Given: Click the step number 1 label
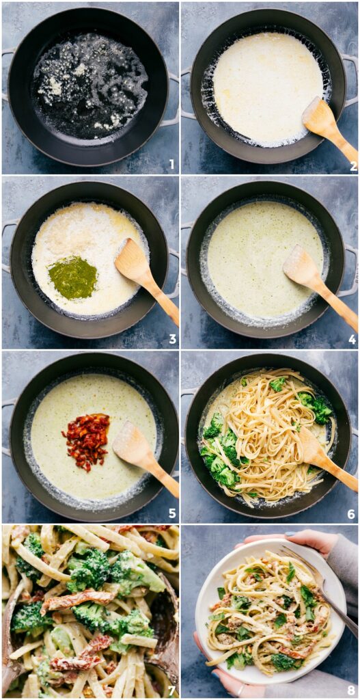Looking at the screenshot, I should point(171,164).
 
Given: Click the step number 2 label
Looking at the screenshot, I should point(352,165).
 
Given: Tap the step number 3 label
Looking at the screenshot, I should point(172,338).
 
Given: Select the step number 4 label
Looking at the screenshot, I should point(352,338).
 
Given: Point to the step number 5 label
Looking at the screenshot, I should point(172,513).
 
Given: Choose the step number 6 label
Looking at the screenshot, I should point(352,513).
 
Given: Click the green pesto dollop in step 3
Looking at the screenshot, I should point(73,278).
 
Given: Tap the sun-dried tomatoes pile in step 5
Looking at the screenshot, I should point(87,441).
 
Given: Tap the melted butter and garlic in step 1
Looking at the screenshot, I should point(89,85).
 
